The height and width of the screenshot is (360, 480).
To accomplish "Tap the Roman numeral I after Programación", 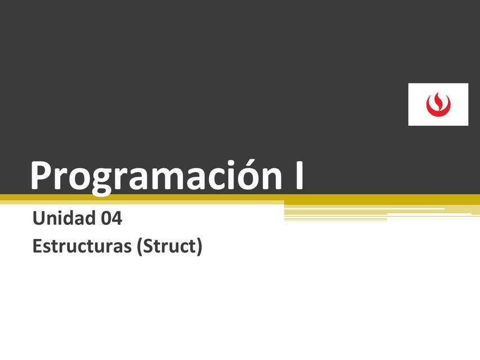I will [x=297, y=175].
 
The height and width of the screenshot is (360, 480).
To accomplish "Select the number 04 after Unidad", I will [x=111, y=218].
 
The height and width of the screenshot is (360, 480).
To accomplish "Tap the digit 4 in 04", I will [x=117, y=218].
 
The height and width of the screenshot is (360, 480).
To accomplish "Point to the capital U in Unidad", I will [x=39, y=218].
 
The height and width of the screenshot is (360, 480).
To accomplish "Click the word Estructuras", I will [x=82, y=246].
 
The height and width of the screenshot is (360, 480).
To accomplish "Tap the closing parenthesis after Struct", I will [x=199, y=247].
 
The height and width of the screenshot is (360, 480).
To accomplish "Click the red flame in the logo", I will [x=438, y=102].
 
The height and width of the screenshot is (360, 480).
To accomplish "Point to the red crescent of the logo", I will [x=438, y=110].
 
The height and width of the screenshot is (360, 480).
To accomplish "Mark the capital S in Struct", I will [x=149, y=246].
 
